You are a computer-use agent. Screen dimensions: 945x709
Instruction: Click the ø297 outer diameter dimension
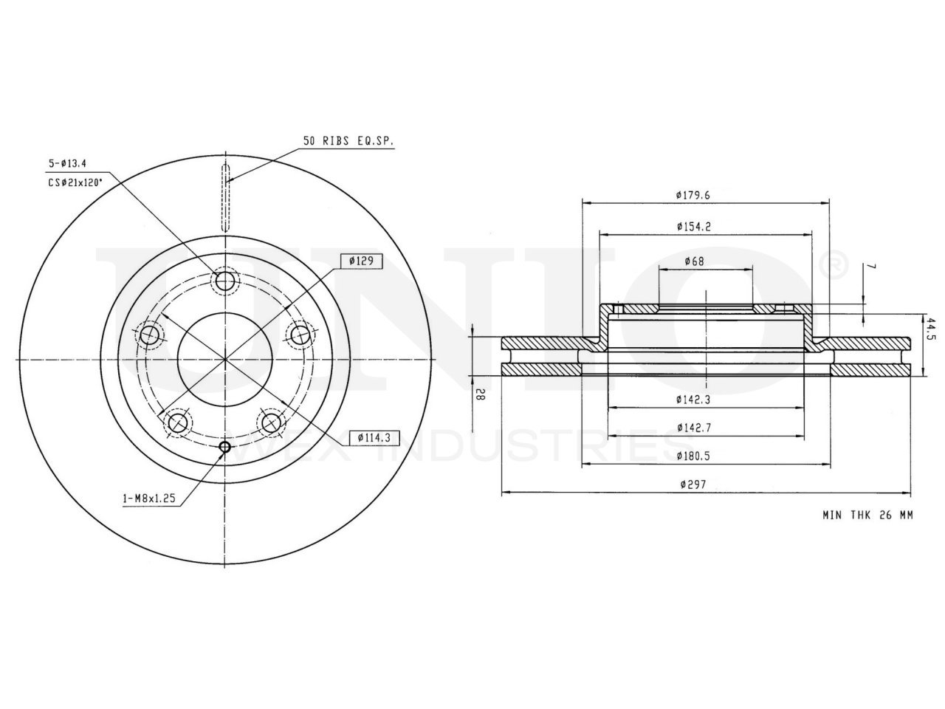693,484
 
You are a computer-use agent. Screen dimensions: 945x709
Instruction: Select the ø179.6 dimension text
693,195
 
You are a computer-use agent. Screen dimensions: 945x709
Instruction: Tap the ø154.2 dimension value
693,227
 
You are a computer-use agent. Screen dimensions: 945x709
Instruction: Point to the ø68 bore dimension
694,261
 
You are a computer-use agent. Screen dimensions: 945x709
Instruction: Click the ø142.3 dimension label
693,400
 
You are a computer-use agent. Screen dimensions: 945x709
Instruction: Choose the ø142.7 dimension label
694,428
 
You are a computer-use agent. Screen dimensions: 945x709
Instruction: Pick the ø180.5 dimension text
693,456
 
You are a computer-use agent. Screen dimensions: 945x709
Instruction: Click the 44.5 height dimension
931,329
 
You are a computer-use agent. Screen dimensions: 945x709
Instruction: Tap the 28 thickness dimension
481,394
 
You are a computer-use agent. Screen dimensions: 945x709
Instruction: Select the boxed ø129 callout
361,261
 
